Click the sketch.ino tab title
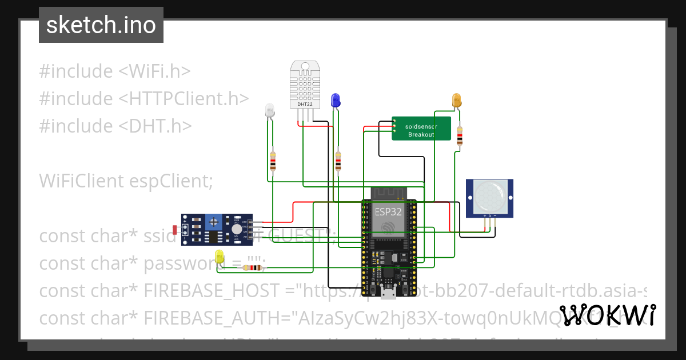pos(101,25)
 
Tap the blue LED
pos(336,101)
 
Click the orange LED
pos(457,101)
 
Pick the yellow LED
pos(219,257)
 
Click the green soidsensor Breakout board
pos(421,129)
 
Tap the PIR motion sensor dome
pos(489,195)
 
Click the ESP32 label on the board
pos(388,211)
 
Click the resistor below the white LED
pos(273,162)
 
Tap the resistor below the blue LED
pos(338,162)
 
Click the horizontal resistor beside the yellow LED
pos(252,267)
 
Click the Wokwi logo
pos(607,315)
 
